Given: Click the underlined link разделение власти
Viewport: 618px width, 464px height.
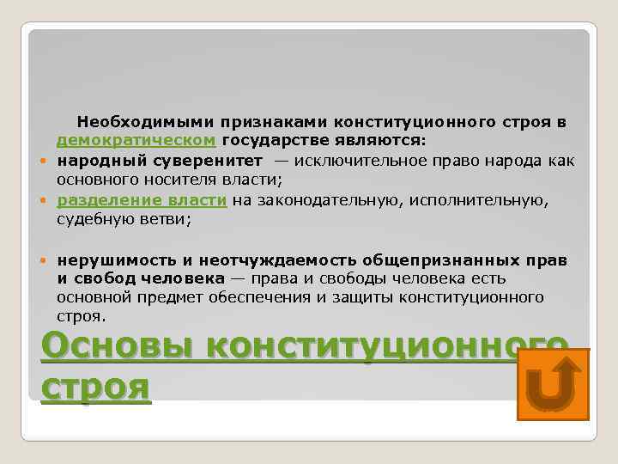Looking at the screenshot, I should (142, 200).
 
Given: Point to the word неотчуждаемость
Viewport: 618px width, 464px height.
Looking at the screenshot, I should (276, 259).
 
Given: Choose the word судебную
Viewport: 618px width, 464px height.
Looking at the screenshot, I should (94, 219).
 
